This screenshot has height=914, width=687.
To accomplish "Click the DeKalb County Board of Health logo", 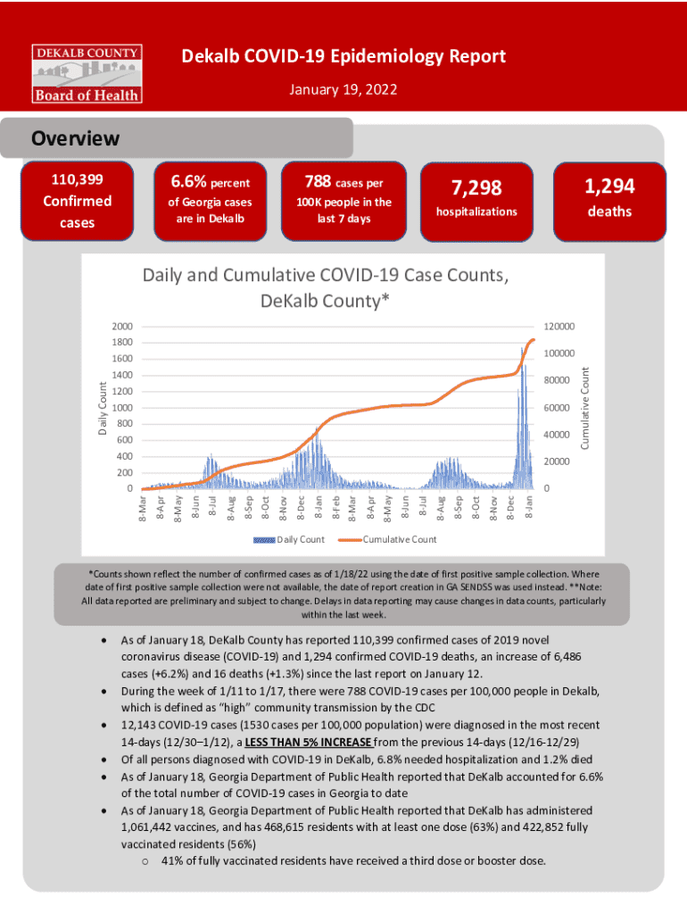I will [87, 71].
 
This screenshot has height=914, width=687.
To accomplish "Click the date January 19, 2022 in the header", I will [343, 91].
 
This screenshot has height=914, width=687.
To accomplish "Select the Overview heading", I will [76, 139].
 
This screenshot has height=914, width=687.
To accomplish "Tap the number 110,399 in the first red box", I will [77, 181].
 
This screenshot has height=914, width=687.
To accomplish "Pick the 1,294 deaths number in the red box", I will [609, 186].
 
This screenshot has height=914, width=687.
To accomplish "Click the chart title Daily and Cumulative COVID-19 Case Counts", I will [326, 288].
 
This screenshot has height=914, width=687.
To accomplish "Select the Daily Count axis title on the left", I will [103, 409].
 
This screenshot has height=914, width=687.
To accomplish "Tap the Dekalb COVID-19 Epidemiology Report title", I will [343, 57].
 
